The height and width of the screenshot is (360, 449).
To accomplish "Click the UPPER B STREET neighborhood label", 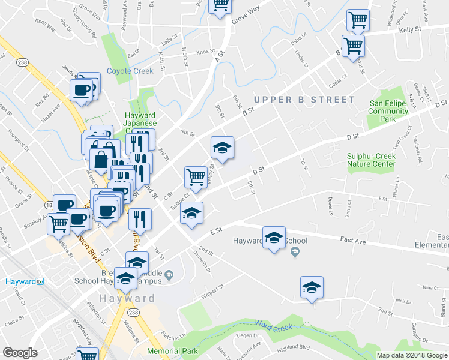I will [304, 99].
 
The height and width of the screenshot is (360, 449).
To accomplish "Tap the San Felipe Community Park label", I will [388, 111].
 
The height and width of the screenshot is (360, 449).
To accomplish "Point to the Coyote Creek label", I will [130, 71].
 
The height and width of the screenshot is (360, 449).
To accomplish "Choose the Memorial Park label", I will [173, 351].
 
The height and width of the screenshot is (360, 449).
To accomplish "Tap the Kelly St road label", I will [411, 29].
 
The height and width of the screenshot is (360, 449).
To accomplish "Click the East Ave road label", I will [353, 239].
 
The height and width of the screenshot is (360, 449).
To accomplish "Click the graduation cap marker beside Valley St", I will [221, 148].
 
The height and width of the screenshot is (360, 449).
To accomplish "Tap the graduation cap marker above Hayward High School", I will [274, 238].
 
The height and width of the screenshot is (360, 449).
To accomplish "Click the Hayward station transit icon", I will [41, 281].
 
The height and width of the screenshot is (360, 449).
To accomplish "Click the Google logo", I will [20, 353].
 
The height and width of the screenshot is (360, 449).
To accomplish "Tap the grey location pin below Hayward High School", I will [295, 253].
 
